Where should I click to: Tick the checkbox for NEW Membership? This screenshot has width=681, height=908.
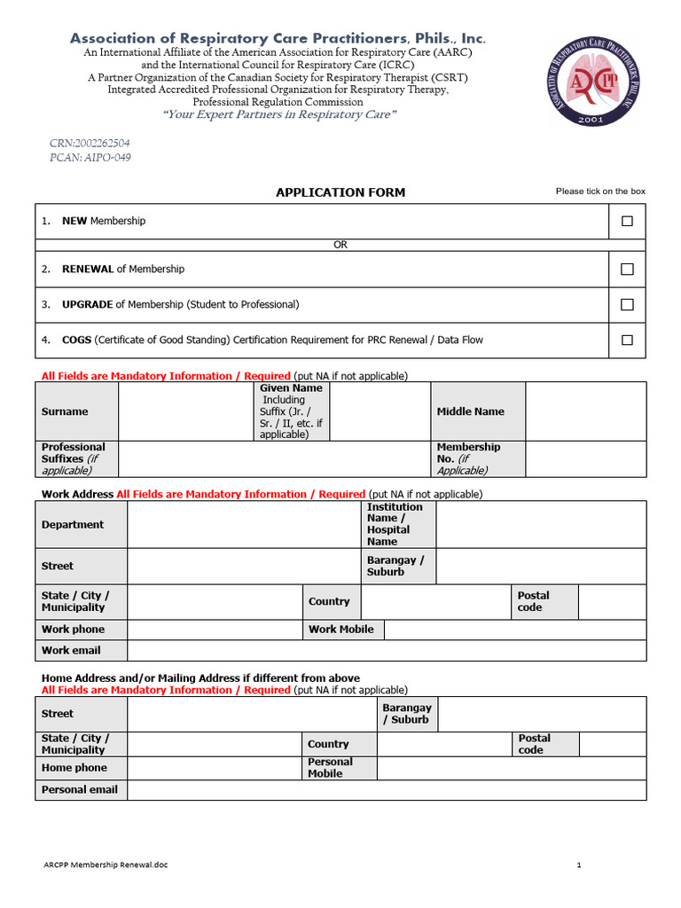[x=627, y=221]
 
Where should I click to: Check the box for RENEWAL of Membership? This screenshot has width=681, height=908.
[x=627, y=269]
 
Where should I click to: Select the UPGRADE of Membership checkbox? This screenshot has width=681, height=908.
[x=627, y=304]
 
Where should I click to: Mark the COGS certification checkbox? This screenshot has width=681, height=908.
[x=627, y=340]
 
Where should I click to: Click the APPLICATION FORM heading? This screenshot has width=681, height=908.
[x=340, y=192]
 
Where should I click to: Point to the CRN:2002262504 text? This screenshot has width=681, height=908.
[x=90, y=143]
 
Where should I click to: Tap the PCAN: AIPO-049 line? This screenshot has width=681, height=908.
[x=90, y=158]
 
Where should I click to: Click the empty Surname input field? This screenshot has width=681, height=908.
[x=186, y=411]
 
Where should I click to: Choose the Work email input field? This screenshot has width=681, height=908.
[x=387, y=650]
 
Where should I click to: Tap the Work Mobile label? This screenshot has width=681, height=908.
[x=341, y=630]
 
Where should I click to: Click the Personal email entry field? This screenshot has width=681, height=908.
[x=387, y=789]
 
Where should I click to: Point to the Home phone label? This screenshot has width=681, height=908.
[x=74, y=768]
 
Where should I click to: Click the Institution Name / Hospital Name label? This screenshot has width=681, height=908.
[x=398, y=524]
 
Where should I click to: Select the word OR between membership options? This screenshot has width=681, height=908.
[x=340, y=246]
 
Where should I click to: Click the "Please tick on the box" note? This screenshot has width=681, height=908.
[x=600, y=192]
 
